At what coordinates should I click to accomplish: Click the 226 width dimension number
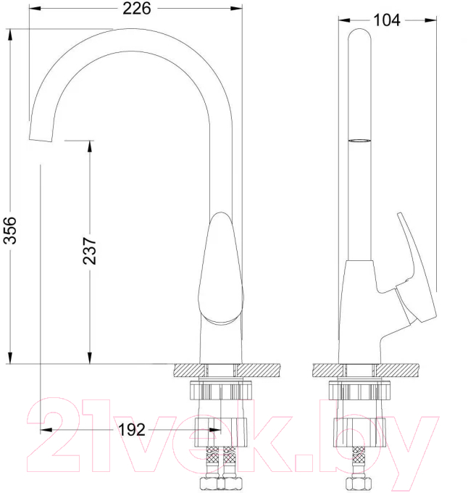137,9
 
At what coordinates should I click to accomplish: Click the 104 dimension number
387,20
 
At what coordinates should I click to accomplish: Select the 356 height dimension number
9,230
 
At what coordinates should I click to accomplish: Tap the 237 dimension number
90,251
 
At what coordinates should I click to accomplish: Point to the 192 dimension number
132,429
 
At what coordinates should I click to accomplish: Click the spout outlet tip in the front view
41,139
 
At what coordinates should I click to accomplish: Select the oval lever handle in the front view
220,268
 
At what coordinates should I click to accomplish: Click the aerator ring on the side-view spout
359,141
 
